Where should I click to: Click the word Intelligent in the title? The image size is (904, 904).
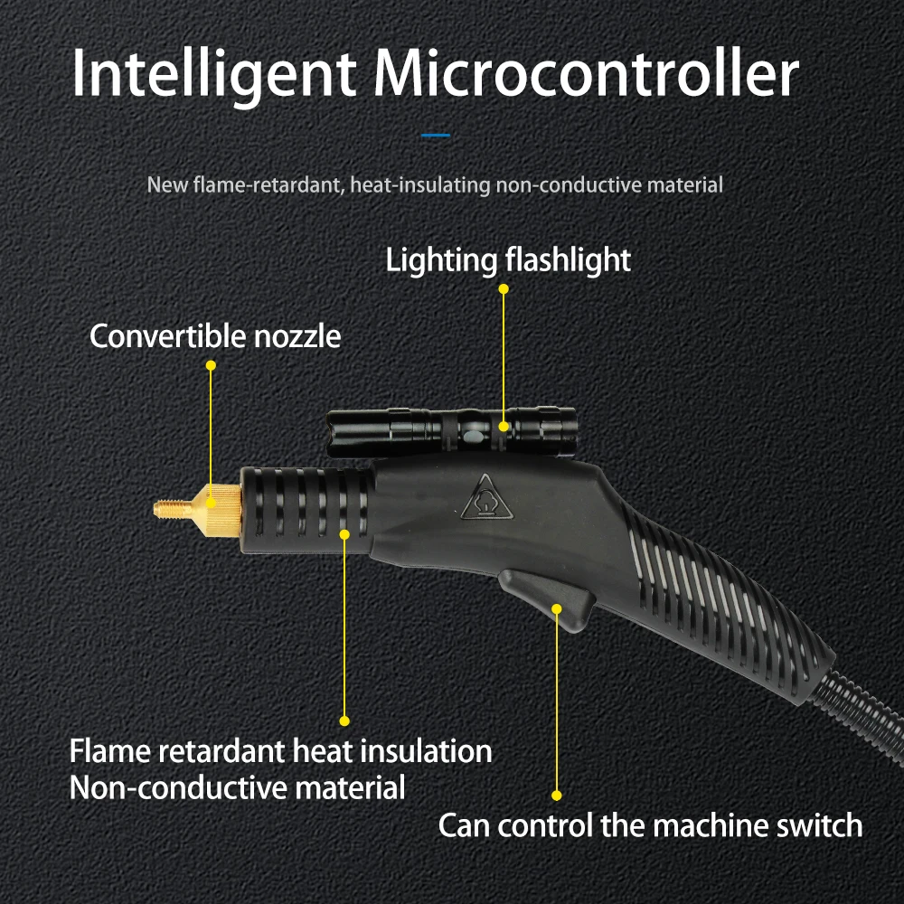(213, 76)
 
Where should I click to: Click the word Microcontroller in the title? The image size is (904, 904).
(586, 76)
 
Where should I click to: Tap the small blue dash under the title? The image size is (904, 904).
(436, 136)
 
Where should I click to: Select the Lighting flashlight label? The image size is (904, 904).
(508, 260)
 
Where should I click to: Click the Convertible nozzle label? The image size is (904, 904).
(215, 336)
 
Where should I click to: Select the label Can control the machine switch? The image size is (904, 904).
(650, 825)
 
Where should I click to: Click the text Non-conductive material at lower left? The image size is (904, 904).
(238, 787)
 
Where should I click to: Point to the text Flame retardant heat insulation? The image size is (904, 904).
(281, 751)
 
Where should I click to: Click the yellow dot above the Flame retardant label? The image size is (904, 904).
(344, 720)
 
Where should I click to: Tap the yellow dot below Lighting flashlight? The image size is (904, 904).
(504, 289)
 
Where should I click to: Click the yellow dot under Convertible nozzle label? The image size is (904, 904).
(211, 365)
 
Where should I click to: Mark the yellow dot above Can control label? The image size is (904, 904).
(557, 796)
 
